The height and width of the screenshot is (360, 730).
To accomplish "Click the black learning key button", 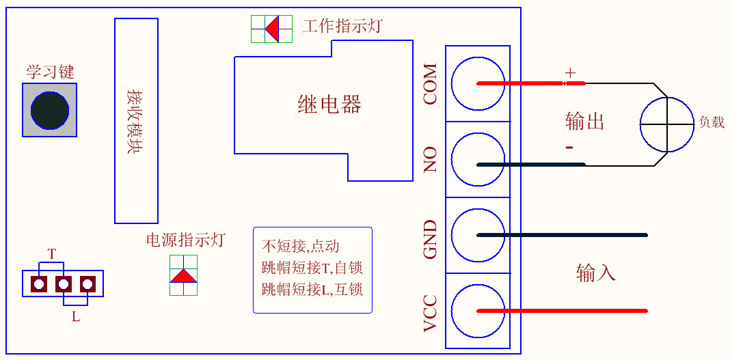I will point(50,110).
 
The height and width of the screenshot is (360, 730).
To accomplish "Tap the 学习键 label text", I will point(50,72).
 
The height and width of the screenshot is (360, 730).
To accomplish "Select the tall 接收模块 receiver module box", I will point(136,121).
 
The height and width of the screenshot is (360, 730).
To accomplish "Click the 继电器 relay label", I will point(329,105).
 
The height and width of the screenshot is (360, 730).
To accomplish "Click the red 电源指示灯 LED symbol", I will point(183,275).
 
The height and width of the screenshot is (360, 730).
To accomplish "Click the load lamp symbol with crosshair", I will point(667,124).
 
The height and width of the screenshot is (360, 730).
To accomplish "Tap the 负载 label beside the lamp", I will point(711,123).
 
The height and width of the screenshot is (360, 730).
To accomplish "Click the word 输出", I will point(585,122).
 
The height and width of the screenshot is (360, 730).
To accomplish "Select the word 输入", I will point(596,273).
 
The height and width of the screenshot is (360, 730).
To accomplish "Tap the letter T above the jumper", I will point(52,254).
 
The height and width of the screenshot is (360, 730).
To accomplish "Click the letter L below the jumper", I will point(76,316).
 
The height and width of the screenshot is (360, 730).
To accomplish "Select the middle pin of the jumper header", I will point(64,283).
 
